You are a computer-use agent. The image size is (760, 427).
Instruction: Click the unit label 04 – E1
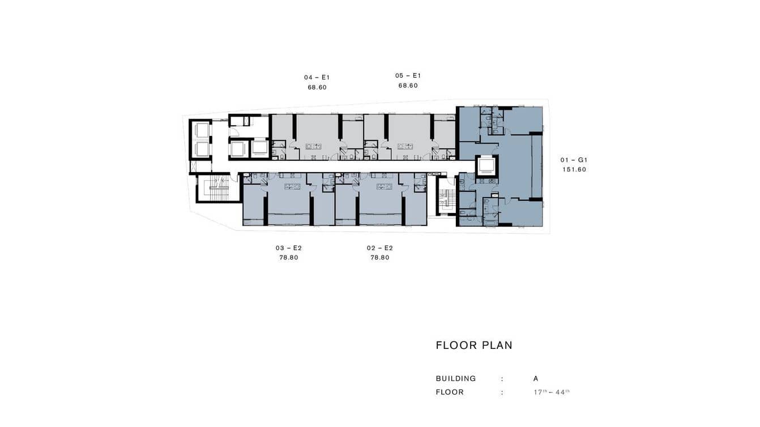(317, 77)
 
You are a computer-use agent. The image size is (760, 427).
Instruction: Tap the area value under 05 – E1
(408, 86)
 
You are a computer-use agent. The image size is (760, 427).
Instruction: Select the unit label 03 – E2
(288, 248)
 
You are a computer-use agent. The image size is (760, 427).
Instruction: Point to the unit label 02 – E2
(379, 248)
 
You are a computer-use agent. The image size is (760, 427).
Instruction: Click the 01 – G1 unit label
(574, 160)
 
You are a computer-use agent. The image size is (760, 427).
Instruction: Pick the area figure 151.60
(574, 170)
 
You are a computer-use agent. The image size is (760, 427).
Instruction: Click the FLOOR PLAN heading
(474, 345)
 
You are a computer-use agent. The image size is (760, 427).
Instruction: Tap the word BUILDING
(456, 379)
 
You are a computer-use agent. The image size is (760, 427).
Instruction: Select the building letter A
(536, 379)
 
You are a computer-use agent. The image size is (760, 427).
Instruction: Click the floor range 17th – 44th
(548, 392)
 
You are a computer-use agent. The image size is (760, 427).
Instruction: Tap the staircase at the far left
(219, 188)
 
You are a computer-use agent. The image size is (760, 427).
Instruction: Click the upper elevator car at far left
(202, 130)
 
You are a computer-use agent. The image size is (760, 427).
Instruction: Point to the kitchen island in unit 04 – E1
(313, 146)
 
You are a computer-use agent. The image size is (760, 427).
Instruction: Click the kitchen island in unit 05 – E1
(405, 146)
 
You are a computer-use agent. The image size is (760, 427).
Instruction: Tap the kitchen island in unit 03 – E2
(292, 186)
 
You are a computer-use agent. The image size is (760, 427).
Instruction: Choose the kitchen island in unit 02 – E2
(383, 186)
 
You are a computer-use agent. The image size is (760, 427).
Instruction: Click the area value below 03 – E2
(288, 258)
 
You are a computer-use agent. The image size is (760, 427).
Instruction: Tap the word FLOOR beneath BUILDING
(450, 392)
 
